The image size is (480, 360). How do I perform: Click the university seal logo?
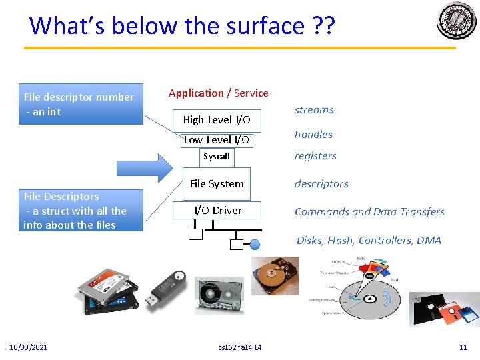457,21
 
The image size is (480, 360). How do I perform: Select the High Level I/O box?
217,120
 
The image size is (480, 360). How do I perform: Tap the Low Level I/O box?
217,140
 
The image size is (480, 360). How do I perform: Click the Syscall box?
217,157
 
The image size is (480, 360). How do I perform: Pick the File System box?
217,184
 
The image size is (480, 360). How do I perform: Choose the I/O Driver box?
218,211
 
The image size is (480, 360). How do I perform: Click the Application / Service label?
219,93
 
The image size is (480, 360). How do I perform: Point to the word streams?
314,110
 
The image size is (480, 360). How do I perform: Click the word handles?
313,134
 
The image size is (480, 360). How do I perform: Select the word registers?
315,156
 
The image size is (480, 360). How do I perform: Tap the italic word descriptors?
321,184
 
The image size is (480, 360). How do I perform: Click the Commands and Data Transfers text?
369,212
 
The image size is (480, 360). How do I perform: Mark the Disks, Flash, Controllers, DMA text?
369,241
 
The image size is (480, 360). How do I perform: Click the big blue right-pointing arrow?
144,167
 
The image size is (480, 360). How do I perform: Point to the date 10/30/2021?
28,347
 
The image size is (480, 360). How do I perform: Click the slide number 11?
463,347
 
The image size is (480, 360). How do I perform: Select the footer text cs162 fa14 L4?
240,347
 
